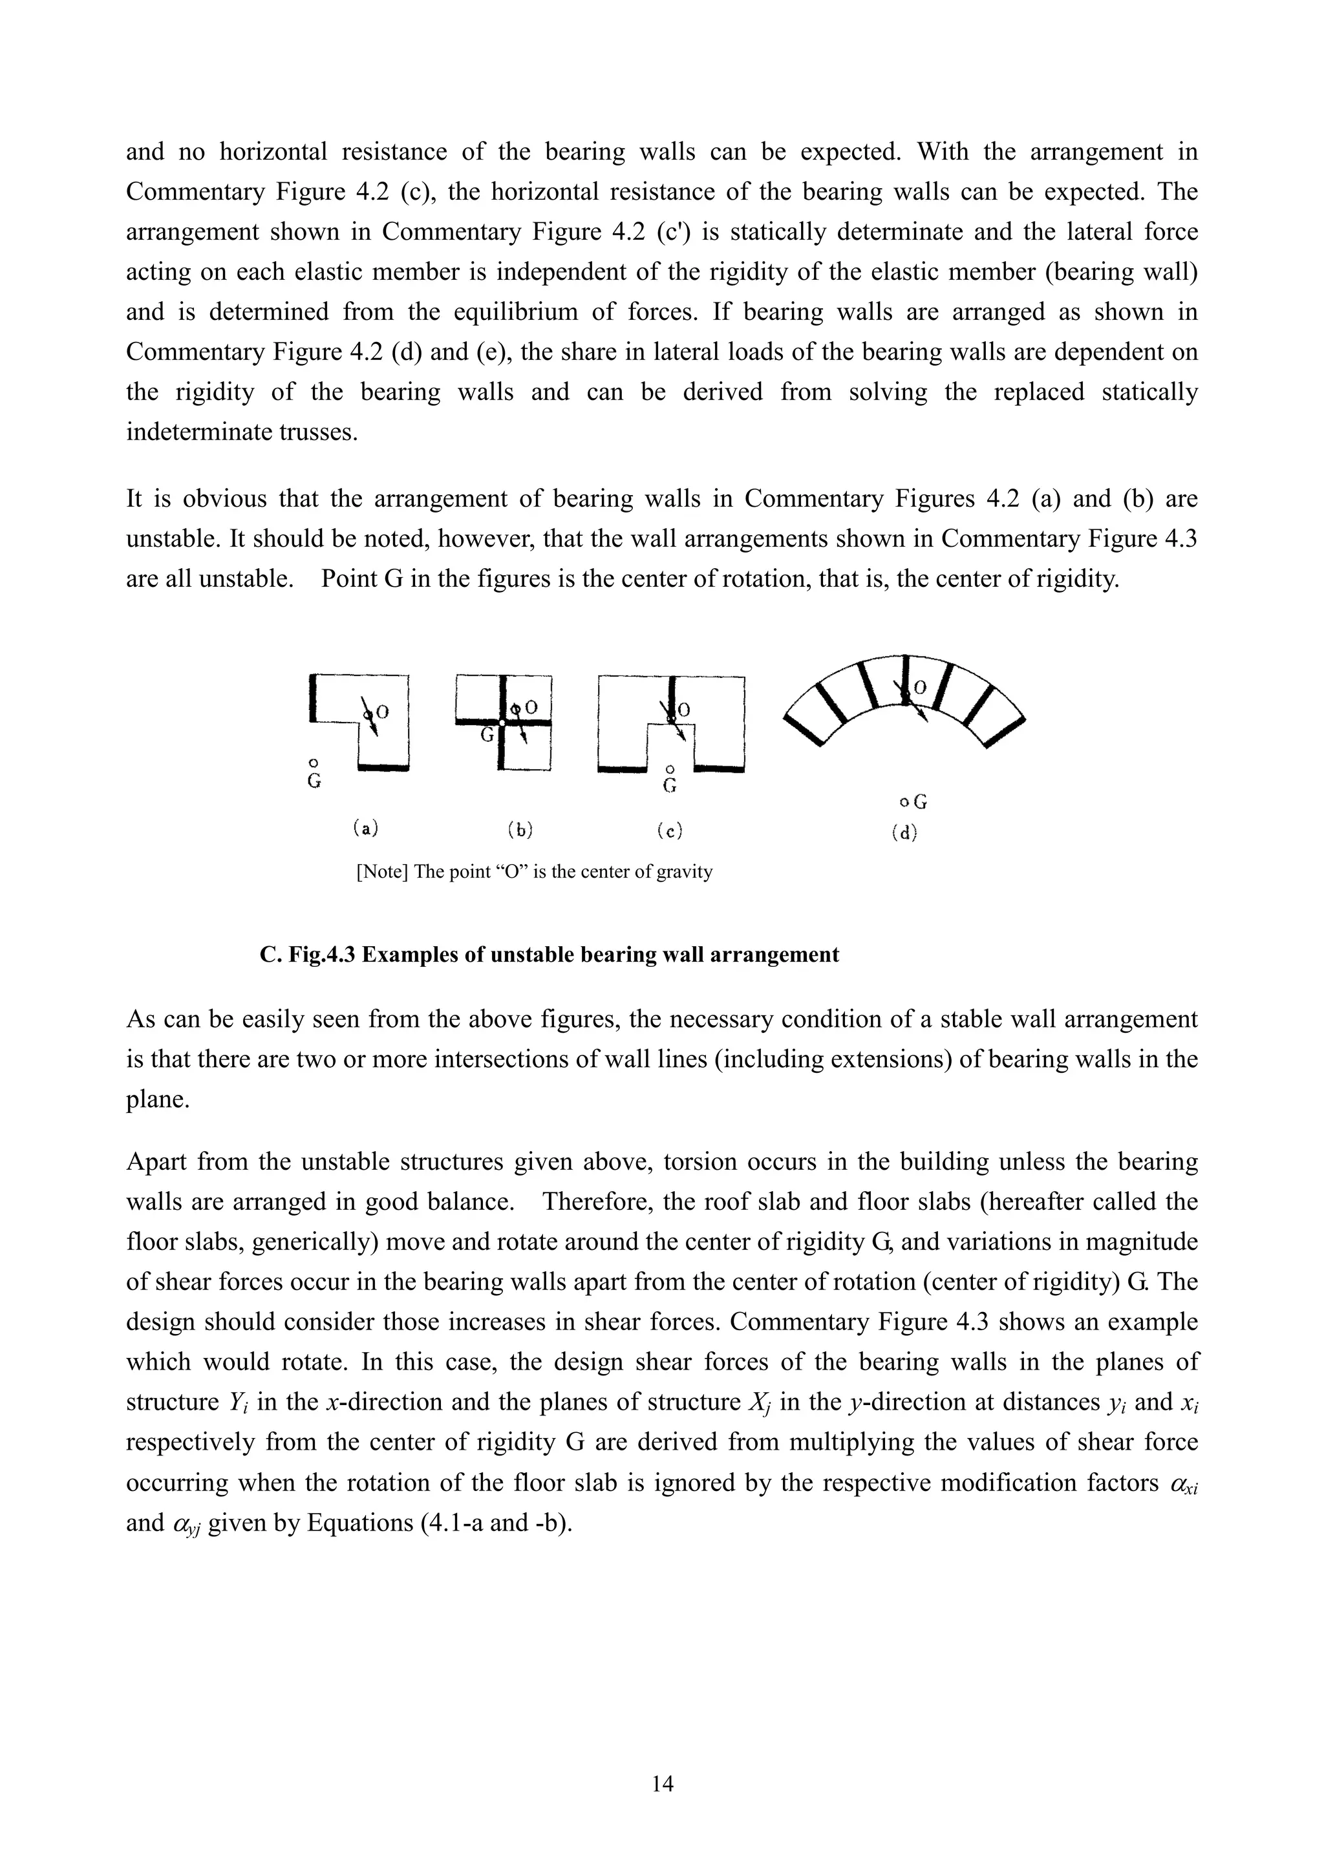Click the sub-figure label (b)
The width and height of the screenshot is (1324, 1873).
pos(520,830)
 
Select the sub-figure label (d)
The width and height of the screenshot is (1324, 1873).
pos(904,833)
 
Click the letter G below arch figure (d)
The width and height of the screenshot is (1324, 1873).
pos(920,802)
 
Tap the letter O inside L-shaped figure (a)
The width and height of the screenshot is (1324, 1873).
pos(382,712)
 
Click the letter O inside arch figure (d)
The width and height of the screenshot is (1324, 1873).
pos(919,688)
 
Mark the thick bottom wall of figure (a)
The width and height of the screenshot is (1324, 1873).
pos(383,767)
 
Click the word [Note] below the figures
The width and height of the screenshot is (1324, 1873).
pos(382,871)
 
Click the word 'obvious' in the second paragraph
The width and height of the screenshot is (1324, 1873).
pos(227,498)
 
